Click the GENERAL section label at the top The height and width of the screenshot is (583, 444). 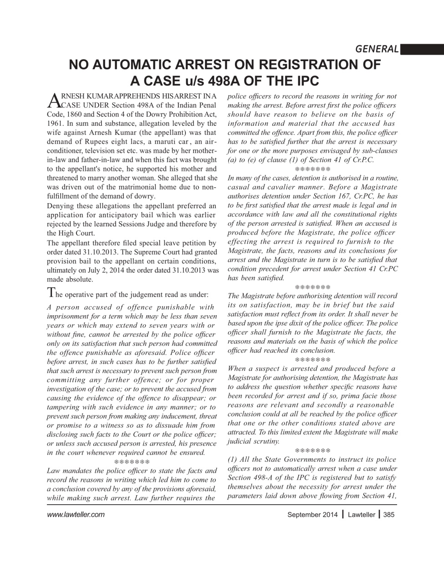click(377, 49)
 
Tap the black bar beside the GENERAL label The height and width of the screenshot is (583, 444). click(422, 49)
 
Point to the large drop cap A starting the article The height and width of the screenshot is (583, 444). click(54, 100)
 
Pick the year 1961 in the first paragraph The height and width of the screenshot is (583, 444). click(55, 123)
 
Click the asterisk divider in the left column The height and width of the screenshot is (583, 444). click(131, 462)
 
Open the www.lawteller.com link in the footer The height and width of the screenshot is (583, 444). click(76, 515)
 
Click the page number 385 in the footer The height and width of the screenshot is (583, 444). click(389, 515)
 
